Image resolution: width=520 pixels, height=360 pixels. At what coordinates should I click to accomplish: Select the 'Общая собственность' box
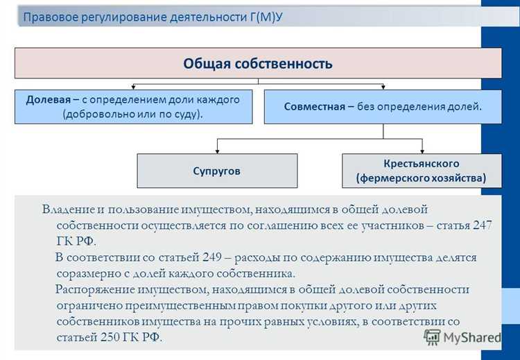pos(258,64)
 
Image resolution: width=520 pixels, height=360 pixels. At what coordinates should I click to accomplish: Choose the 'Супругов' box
pos(217,171)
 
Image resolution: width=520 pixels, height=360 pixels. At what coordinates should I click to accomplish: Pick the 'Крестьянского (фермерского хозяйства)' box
pos(421,171)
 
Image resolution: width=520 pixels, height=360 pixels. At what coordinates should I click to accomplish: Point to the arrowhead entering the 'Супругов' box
pos(217,151)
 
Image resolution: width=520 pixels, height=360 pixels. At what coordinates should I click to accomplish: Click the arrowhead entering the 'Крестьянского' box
pos(421,151)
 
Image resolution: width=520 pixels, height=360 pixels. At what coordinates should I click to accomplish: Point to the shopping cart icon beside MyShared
pos(432,337)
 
